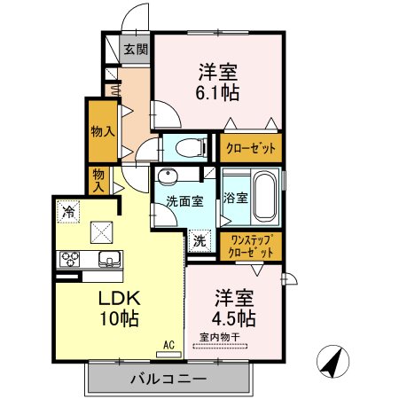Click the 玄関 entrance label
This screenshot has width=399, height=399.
[136, 51]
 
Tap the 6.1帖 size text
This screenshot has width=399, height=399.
[218, 90]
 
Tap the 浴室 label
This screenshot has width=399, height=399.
[235, 197]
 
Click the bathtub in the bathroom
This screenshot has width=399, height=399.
[265, 197]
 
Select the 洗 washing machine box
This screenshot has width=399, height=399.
[199, 239]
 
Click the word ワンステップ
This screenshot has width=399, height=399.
[251, 239]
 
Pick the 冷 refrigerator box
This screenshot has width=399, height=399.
[68, 212]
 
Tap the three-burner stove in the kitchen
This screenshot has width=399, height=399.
[69, 260]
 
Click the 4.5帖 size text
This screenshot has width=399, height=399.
[234, 317]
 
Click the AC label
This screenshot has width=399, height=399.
[168, 348]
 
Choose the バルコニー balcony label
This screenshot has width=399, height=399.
[168, 379]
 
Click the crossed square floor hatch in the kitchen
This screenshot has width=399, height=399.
[101, 232]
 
